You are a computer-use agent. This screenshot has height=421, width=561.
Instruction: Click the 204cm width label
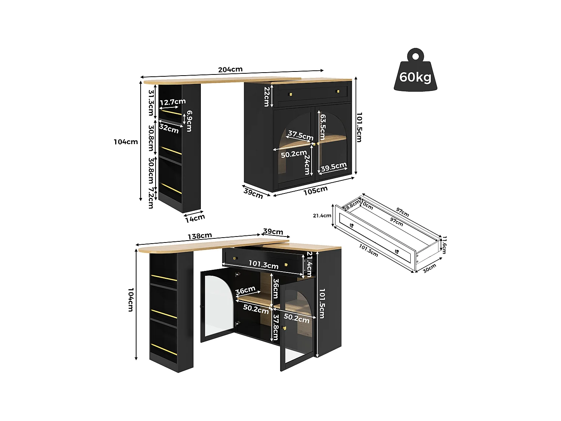[230, 70]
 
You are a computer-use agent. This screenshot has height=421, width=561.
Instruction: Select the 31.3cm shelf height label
[151, 103]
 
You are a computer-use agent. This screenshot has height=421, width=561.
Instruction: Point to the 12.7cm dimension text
[173, 102]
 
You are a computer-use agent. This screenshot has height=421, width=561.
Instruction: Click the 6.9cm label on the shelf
[189, 121]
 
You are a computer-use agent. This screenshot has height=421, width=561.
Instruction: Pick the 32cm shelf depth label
[169, 128]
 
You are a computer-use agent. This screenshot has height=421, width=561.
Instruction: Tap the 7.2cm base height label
[151, 198]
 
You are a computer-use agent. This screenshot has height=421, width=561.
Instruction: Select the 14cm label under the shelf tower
[195, 218]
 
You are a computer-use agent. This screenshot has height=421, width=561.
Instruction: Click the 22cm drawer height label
[267, 97]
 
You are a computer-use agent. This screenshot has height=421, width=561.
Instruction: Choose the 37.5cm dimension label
[300, 135]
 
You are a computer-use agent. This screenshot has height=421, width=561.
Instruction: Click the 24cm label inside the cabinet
[307, 164]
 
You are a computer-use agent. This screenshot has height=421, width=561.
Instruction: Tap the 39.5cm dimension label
[334, 167]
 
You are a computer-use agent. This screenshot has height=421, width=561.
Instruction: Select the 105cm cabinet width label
[315, 190]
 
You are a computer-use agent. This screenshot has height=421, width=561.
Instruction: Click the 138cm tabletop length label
[200, 236]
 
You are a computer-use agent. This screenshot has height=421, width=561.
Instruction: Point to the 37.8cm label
[276, 327]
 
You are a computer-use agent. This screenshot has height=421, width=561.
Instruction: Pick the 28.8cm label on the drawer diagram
[352, 205]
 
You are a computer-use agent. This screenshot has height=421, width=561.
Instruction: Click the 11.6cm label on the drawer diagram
[444, 245]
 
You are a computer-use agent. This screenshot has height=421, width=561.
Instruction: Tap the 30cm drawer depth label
[430, 268]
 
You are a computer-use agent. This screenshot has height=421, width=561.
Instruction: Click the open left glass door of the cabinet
[217, 305]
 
